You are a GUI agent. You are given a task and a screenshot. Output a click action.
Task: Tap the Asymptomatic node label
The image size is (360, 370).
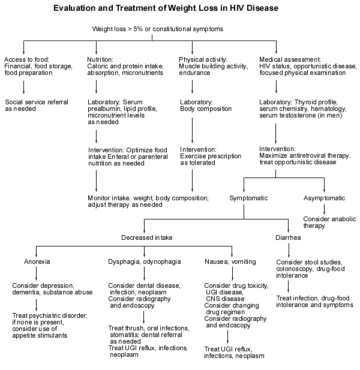(325, 198)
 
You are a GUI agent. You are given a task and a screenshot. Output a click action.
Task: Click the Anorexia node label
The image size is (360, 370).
(37, 262)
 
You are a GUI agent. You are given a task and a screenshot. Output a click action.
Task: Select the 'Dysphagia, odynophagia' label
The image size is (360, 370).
(142, 262)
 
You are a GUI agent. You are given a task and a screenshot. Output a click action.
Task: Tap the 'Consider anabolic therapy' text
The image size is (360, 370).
(325, 222)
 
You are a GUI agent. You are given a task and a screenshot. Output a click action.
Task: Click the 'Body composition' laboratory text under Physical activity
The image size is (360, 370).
(206, 109)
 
